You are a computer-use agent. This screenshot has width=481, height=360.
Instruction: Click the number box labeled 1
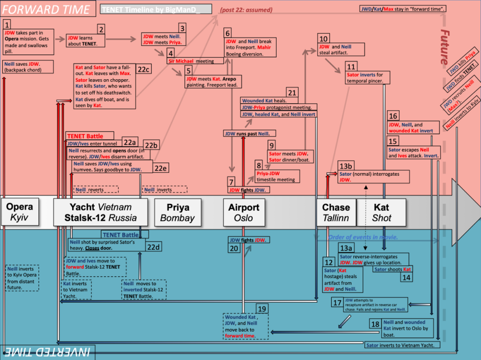[8, 24]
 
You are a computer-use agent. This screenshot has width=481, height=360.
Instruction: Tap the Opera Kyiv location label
[20, 212]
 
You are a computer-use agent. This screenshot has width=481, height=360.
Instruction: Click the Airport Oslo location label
[244, 212]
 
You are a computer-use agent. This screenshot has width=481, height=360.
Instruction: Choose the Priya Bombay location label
[177, 212]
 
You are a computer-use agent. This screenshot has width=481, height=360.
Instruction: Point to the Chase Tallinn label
[336, 212]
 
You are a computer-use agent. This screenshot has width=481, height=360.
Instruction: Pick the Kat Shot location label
[382, 212]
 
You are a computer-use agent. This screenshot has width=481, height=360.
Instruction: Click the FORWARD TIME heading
[46, 9]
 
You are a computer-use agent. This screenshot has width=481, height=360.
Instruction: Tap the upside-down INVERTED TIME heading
[46, 352]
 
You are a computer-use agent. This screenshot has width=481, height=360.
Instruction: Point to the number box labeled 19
[262, 309]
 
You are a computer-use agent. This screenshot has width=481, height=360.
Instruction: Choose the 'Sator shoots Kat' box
[392, 270]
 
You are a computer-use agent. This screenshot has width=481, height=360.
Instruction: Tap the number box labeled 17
[337, 303]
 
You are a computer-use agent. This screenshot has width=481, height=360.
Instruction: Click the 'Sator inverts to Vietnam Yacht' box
[403, 345]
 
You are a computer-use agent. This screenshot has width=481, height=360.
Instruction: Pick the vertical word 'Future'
[444, 47]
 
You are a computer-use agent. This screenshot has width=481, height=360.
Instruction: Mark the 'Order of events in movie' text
[363, 237]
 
